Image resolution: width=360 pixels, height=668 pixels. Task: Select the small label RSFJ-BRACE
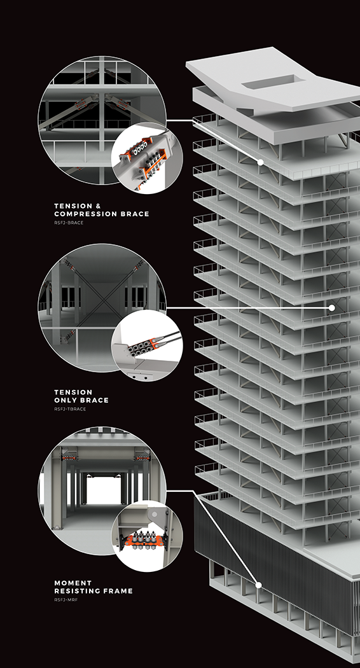69,223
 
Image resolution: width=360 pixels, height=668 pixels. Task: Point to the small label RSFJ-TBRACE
70,409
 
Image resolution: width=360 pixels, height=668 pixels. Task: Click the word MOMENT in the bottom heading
73,583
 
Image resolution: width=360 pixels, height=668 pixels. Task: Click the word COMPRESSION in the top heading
87,214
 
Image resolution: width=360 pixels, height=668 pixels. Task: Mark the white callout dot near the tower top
260,163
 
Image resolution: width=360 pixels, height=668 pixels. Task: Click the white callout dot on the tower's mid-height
331,307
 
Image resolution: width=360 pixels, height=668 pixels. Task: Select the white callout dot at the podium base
259,585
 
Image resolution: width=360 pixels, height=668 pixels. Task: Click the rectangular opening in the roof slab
268,83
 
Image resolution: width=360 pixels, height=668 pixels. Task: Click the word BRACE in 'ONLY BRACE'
93,400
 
